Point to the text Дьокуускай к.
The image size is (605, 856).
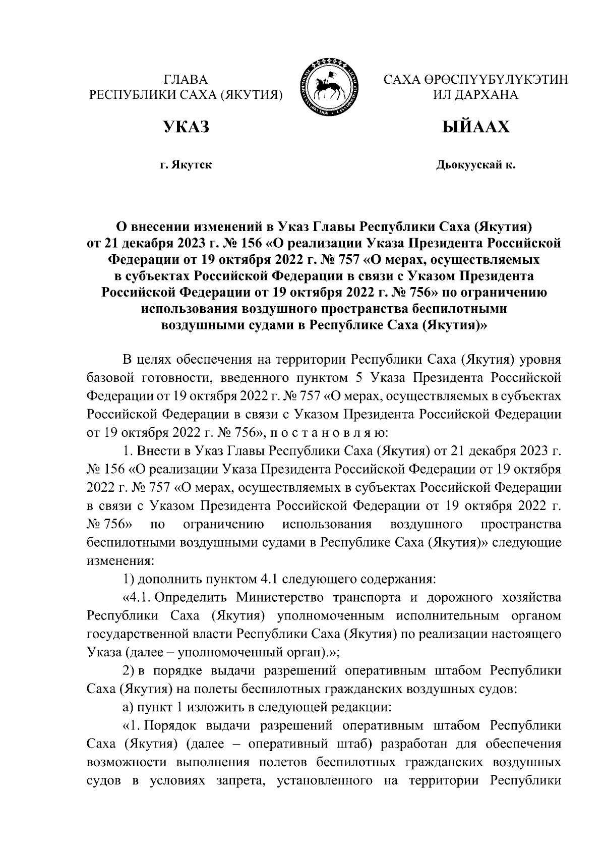pos(475,165)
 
